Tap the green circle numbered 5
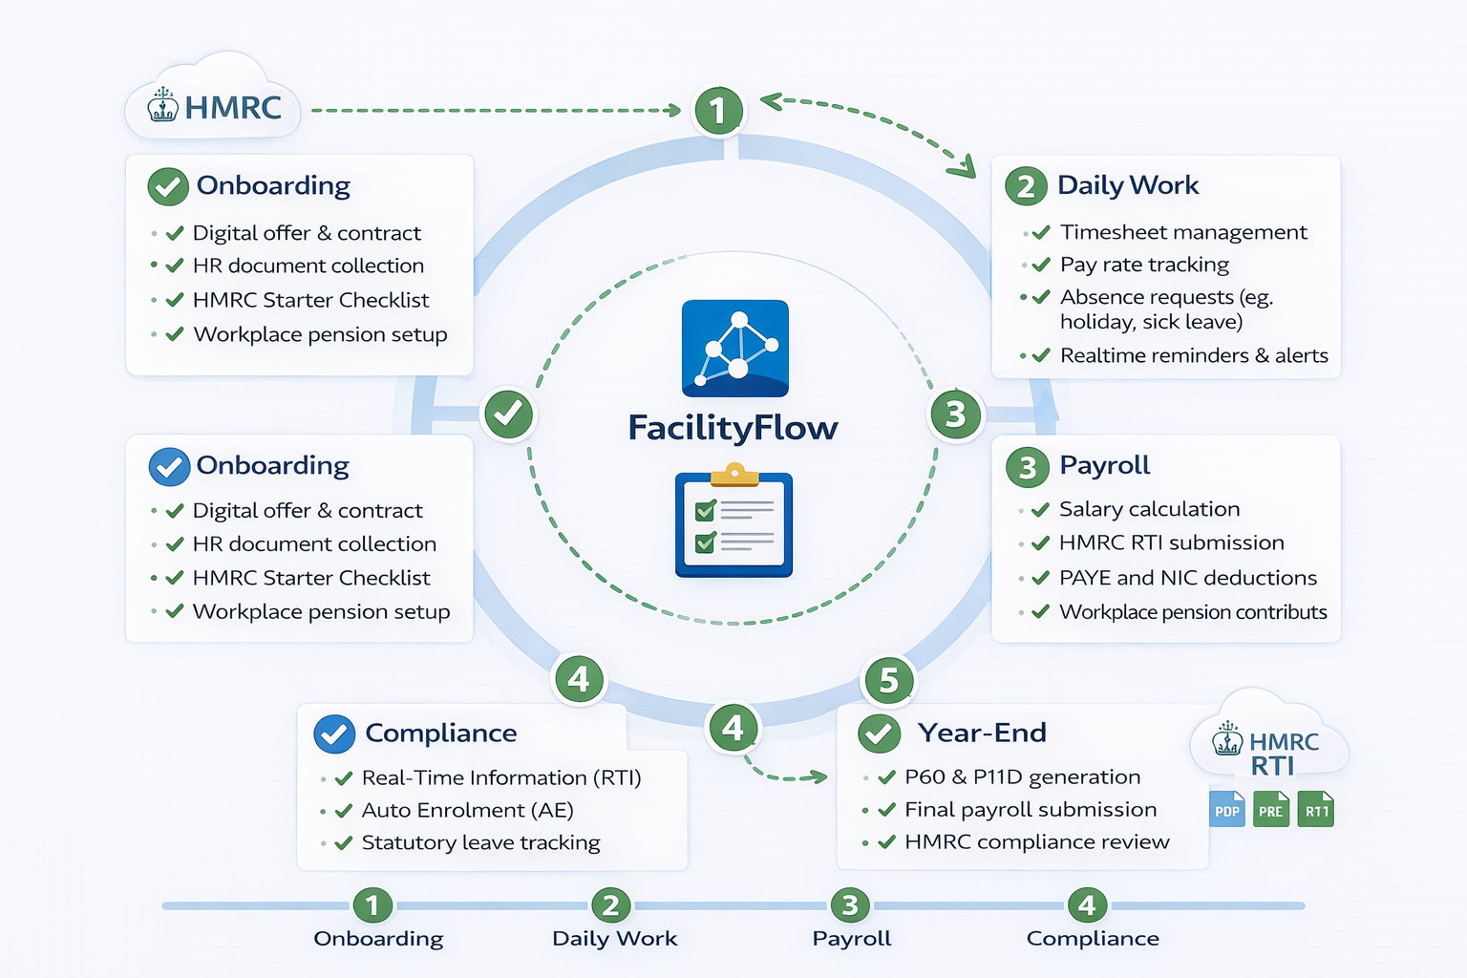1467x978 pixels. tap(888, 680)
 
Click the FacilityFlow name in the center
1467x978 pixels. tap(733, 427)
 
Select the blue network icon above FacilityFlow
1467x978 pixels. tap(734, 348)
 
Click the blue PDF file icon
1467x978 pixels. tap(1227, 810)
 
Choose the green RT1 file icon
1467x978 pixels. tap(1316, 810)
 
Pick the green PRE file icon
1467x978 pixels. tap(1270, 810)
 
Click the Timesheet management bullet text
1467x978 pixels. tap(1182, 232)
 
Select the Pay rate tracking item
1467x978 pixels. tap(1144, 265)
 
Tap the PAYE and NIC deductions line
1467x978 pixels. tap(1187, 578)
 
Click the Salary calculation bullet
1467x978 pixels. tap(1149, 509)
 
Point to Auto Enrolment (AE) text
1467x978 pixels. tap(467, 810)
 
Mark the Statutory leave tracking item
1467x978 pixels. tap(480, 842)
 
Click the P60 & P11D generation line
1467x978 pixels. tap(1022, 776)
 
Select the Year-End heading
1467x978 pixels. tap(982, 733)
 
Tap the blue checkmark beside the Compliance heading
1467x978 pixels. tap(334, 733)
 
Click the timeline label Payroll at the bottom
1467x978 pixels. tap(851, 938)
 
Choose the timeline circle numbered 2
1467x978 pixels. tap(610, 904)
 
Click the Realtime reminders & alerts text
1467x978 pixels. tap(1193, 355)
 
